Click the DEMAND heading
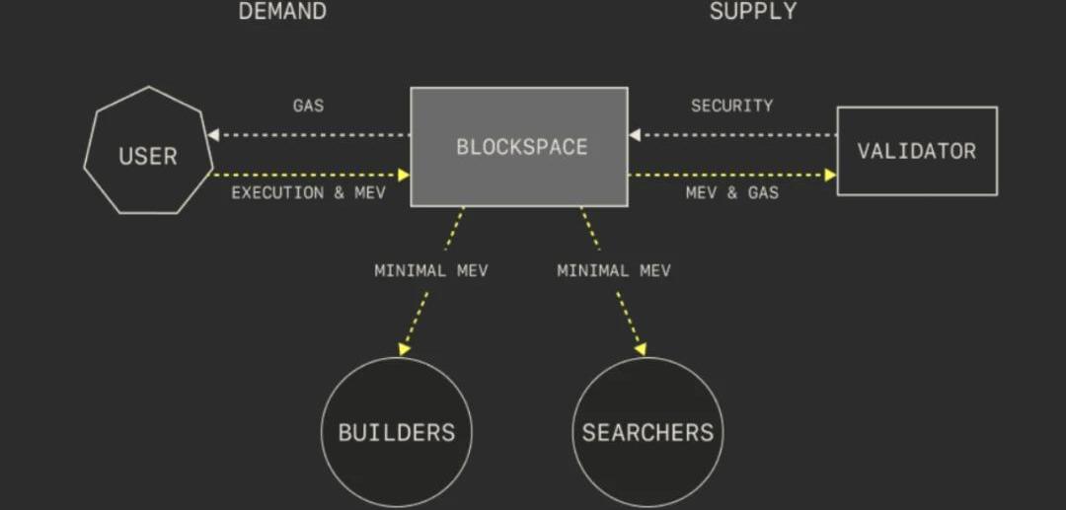tap(282, 11)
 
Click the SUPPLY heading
tap(752, 11)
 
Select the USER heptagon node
tap(148, 150)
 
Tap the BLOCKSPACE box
tap(519, 147)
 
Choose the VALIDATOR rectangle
tap(917, 151)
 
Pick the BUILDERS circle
tap(397, 432)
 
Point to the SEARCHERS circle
tap(647, 432)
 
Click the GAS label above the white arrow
tap(309, 106)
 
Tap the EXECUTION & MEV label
tap(309, 193)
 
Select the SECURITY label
tap(732, 106)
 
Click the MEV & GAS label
tap(732, 193)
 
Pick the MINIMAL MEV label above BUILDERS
tap(431, 271)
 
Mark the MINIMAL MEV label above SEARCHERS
tap(614, 271)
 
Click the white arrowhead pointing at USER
tap(213, 135)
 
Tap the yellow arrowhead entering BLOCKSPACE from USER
tap(404, 176)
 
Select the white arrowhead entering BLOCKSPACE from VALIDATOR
tap(635, 135)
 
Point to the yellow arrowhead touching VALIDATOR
tap(830, 176)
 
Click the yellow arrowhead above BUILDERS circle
tap(404, 349)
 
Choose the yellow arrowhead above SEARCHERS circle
tap(640, 349)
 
